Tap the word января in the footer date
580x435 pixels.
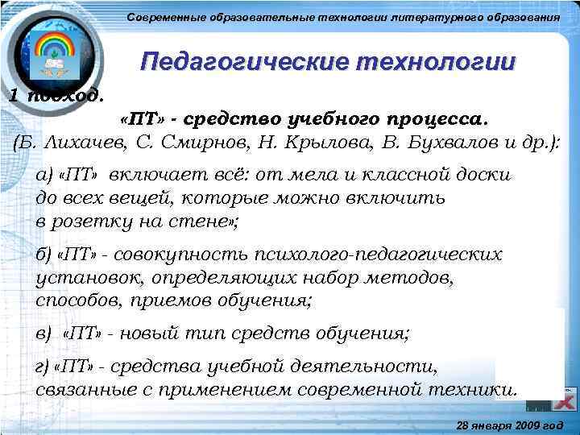tap(489, 424)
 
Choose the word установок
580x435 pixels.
tap(81, 279)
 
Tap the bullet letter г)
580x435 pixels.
tap(43, 368)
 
